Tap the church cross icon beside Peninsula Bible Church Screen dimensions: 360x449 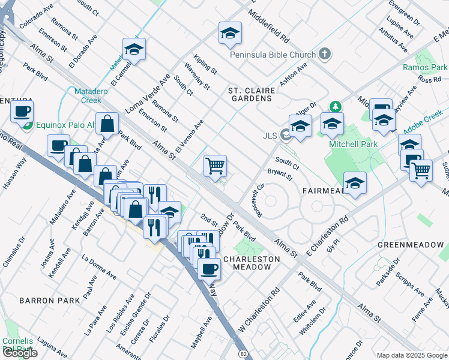[x=325, y=55]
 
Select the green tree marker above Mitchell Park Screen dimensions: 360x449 [x=336, y=107]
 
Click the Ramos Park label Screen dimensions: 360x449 [x=425, y=68]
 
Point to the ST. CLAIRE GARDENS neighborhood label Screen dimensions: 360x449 [x=252, y=94]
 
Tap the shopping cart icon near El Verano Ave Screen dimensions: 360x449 [x=215, y=166]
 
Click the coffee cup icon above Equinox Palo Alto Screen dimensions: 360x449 [x=22, y=112]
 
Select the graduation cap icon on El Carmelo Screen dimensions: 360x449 [x=134, y=50]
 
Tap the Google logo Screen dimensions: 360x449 [x=20, y=353]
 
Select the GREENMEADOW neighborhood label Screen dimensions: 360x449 [x=411, y=245]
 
